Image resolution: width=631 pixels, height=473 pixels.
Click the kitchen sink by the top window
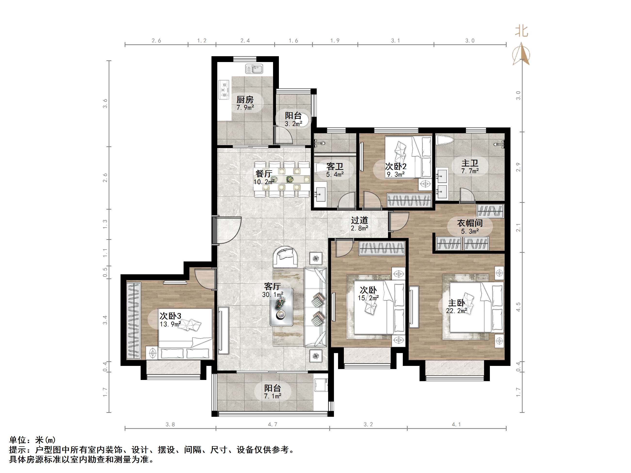coord(254,69)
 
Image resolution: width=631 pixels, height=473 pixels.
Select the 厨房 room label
coord(245,100)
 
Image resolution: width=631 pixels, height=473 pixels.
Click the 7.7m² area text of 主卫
coord(470,171)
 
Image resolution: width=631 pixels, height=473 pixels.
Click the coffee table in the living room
coord(282,307)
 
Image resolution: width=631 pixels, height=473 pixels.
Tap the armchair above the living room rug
coord(286,256)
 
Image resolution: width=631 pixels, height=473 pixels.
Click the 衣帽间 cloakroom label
coord(470,223)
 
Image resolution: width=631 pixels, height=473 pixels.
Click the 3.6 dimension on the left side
coord(105,103)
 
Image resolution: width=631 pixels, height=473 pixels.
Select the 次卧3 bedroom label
coord(170,316)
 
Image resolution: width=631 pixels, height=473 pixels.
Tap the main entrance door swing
coord(228,230)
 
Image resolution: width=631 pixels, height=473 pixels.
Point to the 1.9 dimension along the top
coord(335,41)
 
